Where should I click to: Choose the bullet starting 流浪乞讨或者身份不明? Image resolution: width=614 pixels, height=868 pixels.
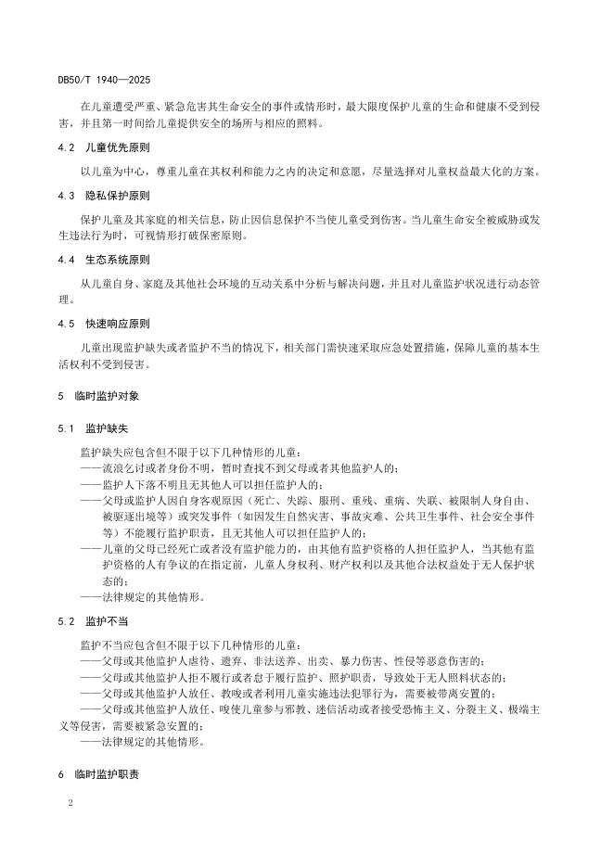click(x=241, y=468)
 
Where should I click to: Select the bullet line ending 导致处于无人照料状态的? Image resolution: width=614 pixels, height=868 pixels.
click(x=295, y=676)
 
